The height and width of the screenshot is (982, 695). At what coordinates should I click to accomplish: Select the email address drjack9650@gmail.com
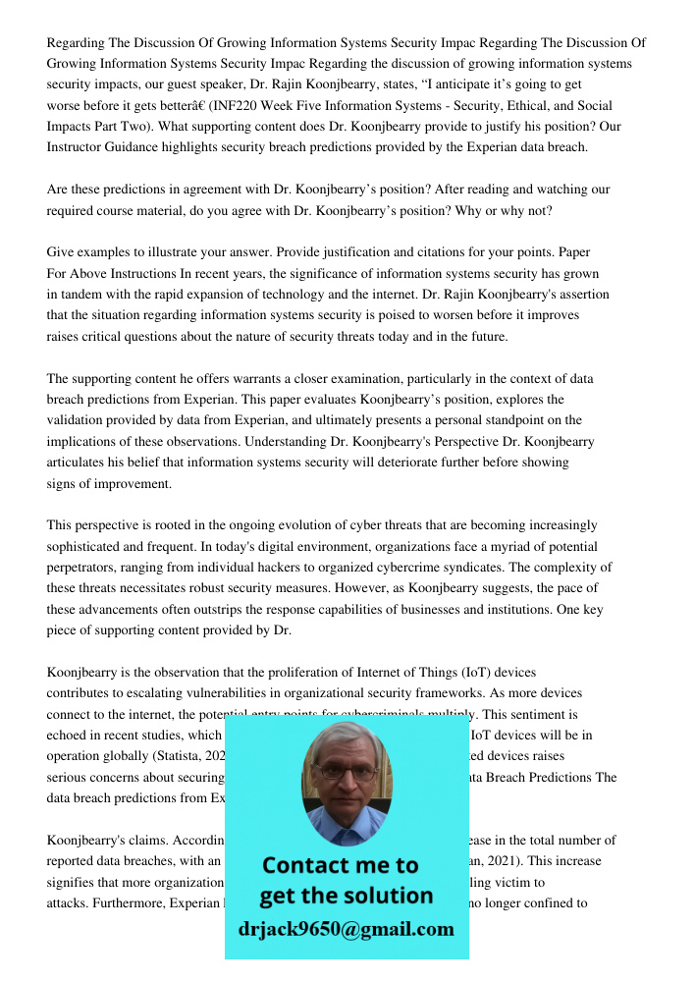347,928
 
